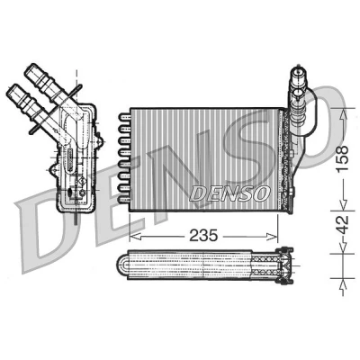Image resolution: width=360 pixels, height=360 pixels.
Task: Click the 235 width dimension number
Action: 203,236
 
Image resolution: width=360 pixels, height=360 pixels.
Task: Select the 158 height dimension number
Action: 342,158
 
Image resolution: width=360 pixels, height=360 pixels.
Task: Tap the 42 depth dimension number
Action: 342,224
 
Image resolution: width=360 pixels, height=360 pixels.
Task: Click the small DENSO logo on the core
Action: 230,193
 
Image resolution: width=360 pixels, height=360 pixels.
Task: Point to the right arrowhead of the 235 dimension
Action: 272,237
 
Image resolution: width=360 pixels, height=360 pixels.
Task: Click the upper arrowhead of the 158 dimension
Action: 342,114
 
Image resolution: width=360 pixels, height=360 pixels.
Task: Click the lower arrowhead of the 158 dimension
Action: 342,203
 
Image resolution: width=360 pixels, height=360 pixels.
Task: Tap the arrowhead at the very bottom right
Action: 342,286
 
